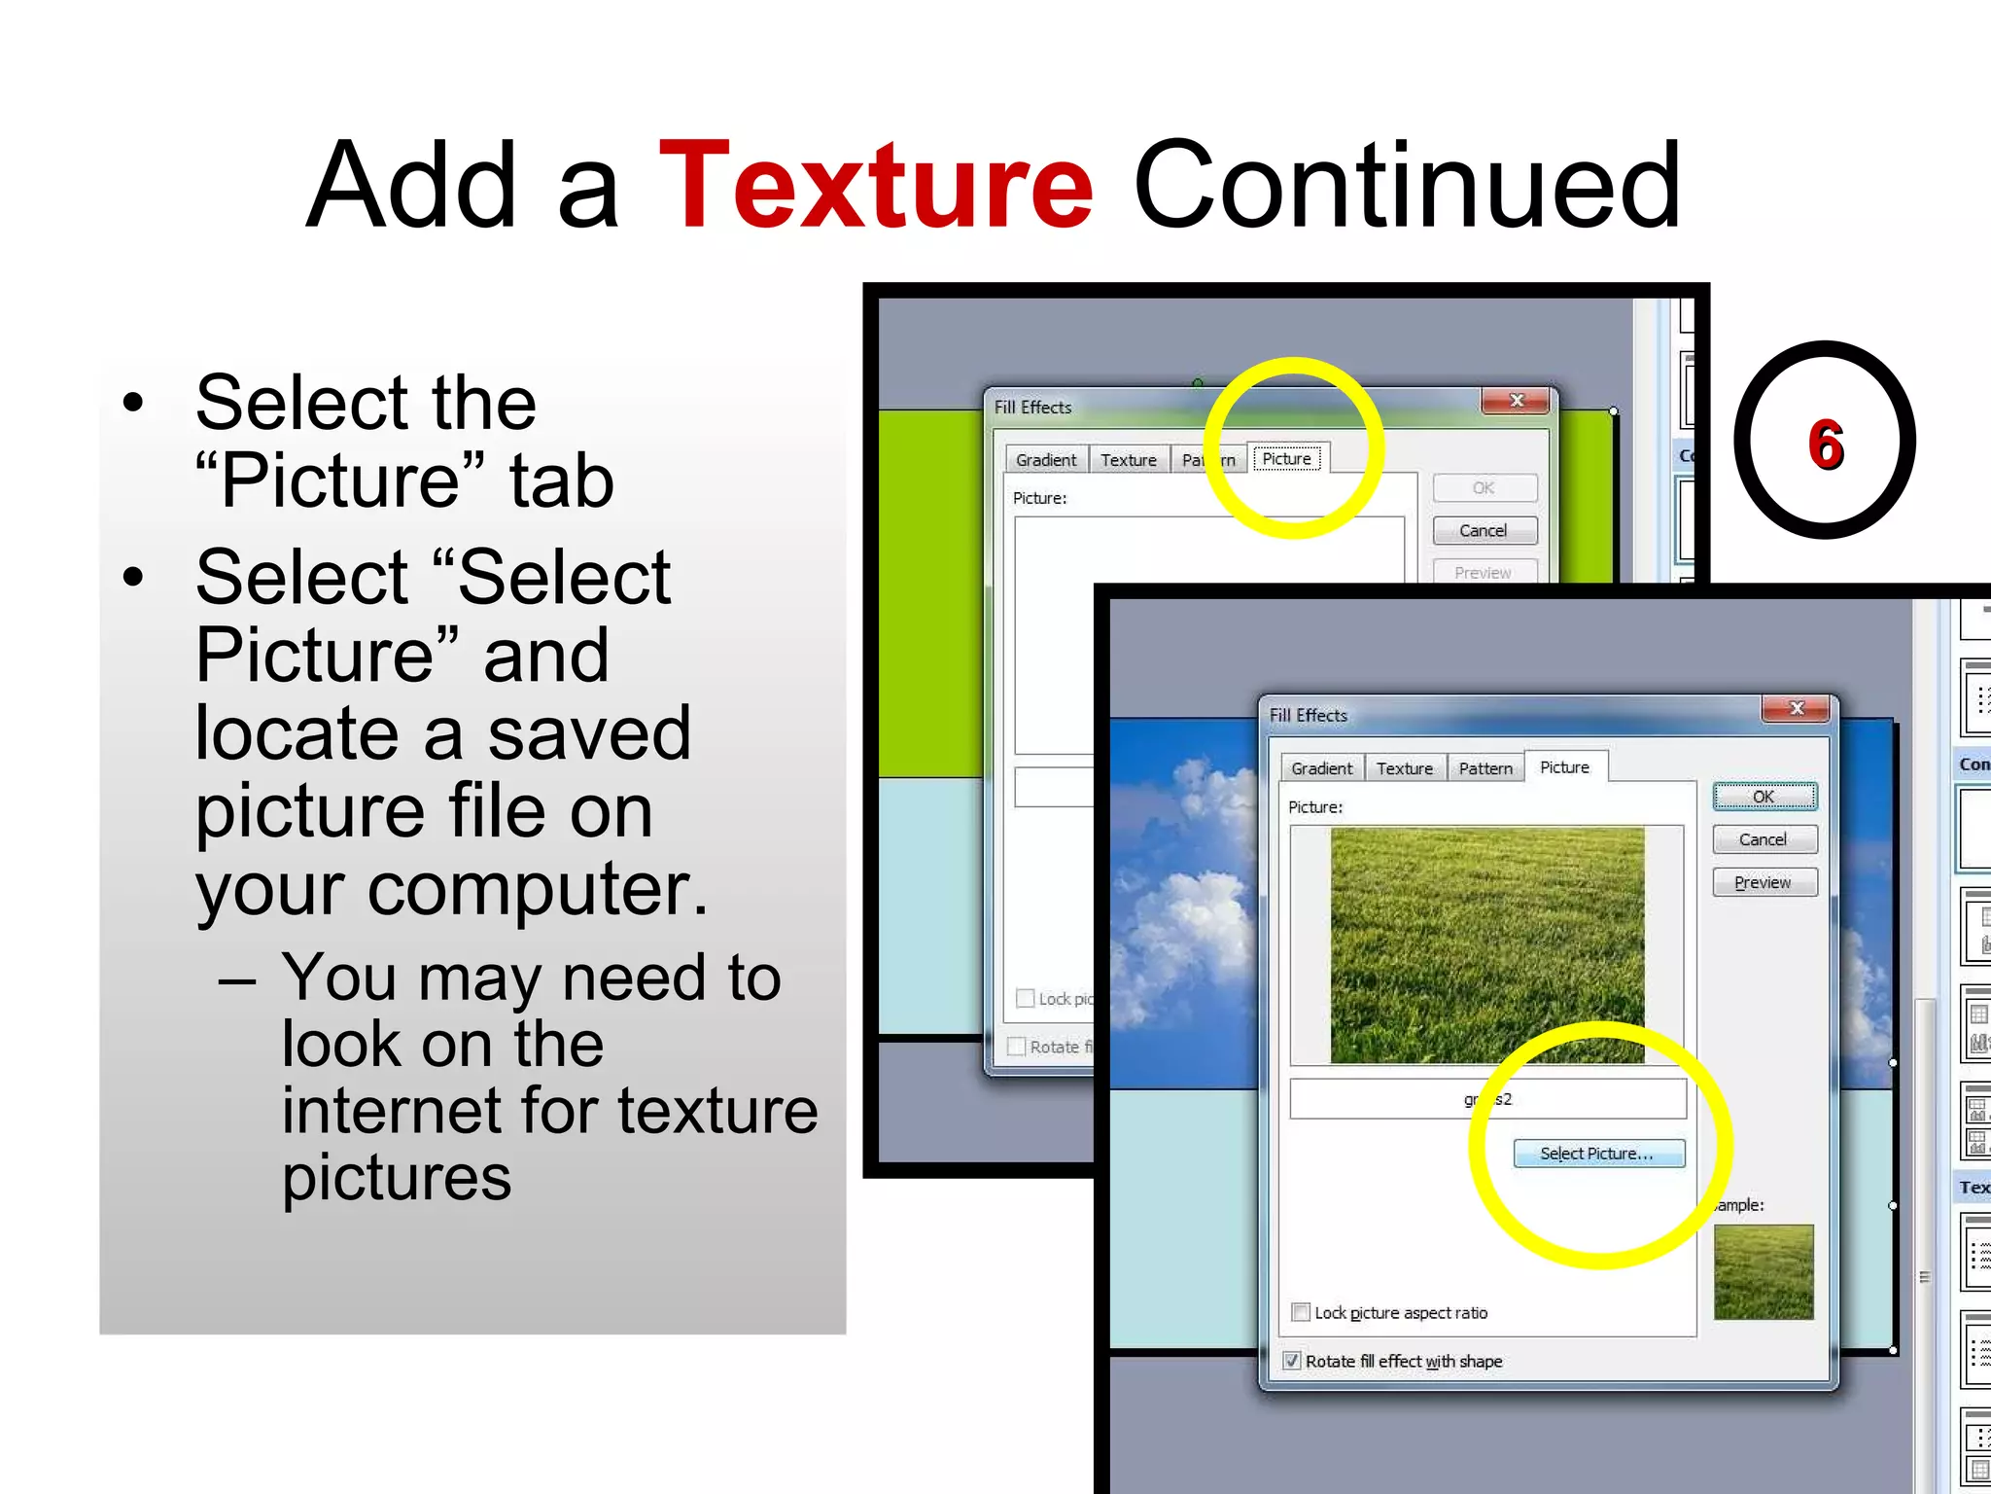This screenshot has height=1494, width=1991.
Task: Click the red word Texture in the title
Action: point(876,187)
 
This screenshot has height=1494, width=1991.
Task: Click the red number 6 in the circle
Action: point(1826,445)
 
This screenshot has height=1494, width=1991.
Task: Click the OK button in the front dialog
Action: point(1764,797)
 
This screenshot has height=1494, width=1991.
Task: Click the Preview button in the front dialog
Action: point(1764,882)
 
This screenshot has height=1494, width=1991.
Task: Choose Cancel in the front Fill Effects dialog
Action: point(1764,839)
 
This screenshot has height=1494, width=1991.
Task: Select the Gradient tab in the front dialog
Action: point(1321,768)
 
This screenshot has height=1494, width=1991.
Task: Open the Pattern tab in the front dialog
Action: point(1485,768)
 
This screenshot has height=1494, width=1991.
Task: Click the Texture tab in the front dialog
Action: point(1404,768)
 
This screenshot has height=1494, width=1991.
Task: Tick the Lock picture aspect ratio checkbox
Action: point(1301,1312)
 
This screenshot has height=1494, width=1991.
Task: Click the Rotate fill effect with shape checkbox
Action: point(1292,1361)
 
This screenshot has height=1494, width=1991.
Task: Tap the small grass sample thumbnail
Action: point(1764,1271)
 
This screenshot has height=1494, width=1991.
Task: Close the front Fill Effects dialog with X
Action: point(1797,709)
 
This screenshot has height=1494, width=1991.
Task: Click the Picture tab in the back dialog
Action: point(1286,459)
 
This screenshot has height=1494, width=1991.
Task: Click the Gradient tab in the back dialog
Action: point(1046,460)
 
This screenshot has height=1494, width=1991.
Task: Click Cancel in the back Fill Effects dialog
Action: point(1484,530)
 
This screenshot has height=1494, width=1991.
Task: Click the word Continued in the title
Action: point(1407,187)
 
